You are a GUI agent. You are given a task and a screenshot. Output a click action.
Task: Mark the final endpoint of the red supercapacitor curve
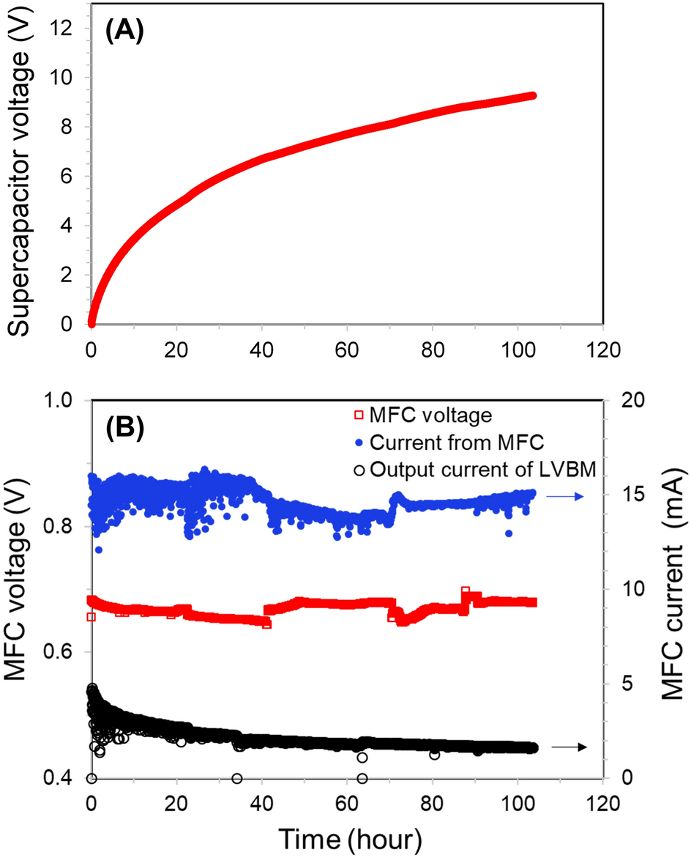[533, 96]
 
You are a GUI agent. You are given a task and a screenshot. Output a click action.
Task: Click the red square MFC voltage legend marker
[358, 415]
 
